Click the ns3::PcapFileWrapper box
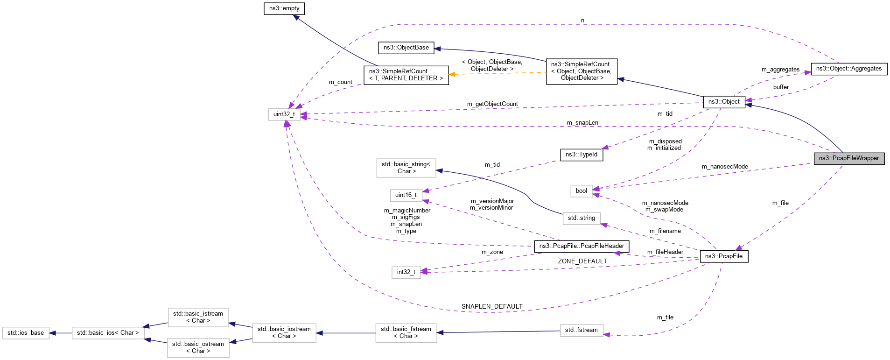848,158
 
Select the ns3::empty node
284,8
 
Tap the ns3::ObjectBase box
406,48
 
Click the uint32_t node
284,114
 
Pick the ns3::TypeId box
581,155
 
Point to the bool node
581,191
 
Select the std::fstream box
581,330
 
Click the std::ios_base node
26,333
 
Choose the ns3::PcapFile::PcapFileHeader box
581,246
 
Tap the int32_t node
406,272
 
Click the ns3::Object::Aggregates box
848,69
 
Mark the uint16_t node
406,195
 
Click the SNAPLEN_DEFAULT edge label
492,306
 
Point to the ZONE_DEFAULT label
582,261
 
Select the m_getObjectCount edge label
492,104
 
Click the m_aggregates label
780,69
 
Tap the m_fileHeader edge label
665,252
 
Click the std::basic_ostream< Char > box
198,347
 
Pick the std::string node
581,218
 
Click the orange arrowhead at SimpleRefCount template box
452,74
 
